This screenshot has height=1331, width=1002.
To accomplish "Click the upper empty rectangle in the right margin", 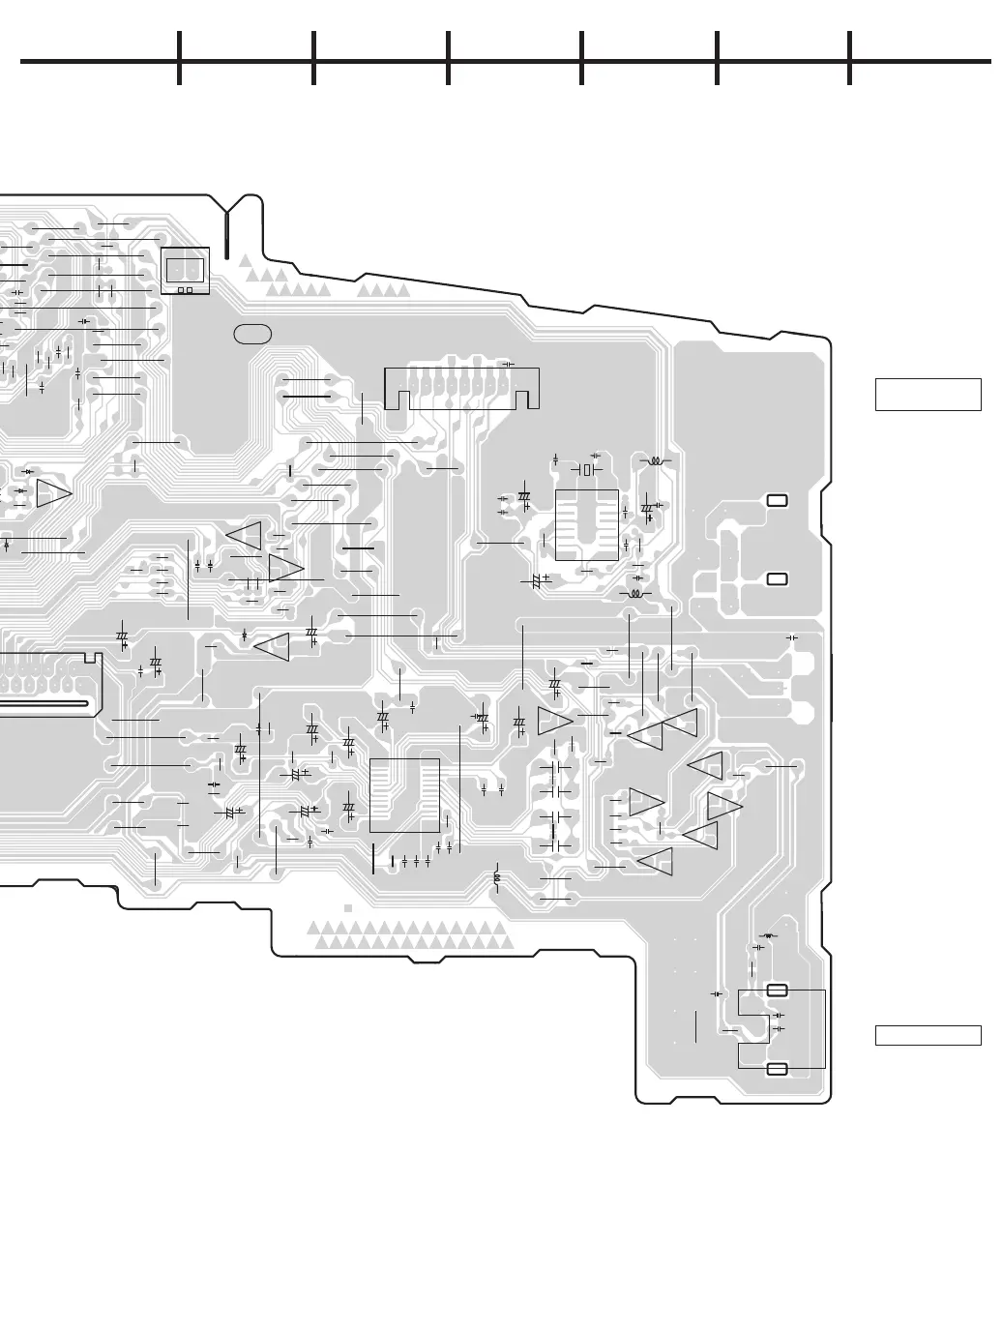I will [x=928, y=395].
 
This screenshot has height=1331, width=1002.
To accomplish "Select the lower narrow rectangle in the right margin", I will [x=928, y=1035].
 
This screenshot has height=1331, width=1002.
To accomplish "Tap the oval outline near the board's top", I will [x=252, y=334].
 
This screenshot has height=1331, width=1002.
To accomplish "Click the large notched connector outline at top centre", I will [x=461, y=388].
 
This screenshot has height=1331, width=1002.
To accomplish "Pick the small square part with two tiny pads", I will [x=186, y=270].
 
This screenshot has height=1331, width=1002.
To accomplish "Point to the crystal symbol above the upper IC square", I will [x=586, y=470].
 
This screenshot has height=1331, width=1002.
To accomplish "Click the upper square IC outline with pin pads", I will [x=587, y=524].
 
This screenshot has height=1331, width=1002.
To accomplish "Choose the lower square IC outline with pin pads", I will [x=404, y=795].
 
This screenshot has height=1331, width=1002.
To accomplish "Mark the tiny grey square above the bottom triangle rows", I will [x=348, y=908].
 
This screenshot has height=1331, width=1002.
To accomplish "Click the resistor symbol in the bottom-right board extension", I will [x=769, y=936].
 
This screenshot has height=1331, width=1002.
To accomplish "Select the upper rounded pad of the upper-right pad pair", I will [x=777, y=500].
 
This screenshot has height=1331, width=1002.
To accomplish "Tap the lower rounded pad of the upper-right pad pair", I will [x=777, y=578].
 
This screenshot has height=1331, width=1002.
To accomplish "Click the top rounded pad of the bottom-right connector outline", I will [x=777, y=990].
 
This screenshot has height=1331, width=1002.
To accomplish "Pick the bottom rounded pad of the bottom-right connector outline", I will [x=777, y=1068].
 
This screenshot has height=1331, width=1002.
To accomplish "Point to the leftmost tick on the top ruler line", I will [x=179, y=58].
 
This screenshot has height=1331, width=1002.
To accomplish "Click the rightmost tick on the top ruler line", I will [x=849, y=58].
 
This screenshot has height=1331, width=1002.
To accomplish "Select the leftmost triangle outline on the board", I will [x=54, y=493].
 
